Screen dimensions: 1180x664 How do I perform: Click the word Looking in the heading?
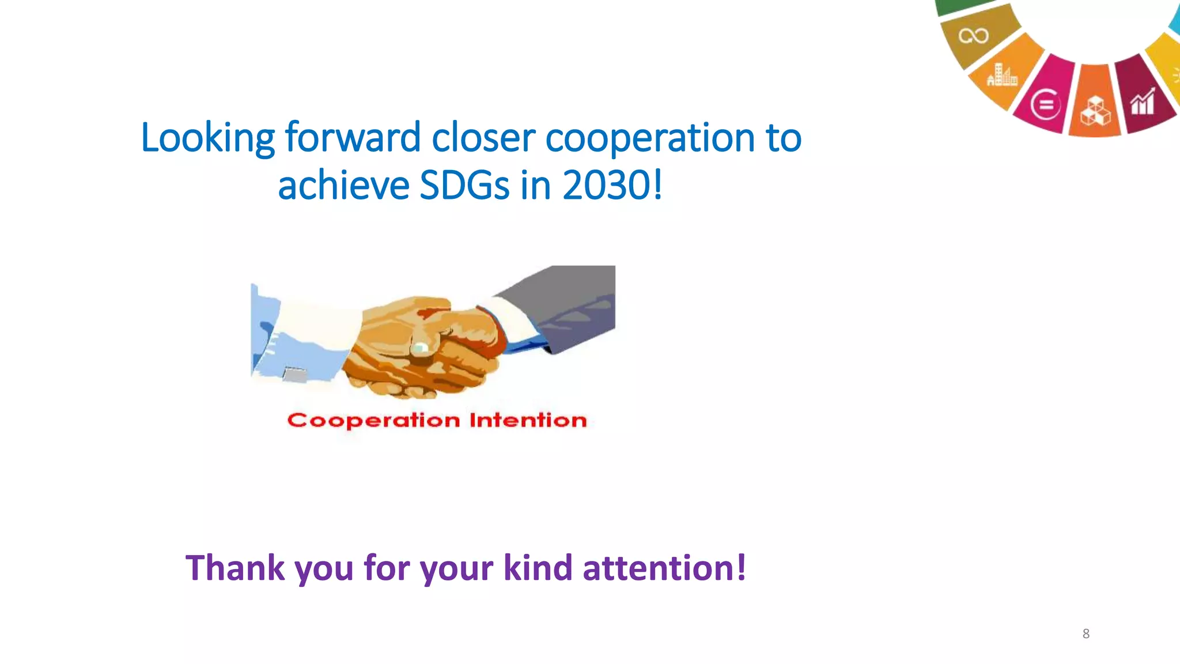[x=208, y=138]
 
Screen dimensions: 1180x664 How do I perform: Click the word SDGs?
[x=465, y=186]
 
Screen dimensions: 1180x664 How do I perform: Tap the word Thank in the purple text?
[x=235, y=568]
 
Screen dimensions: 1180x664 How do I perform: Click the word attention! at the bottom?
[x=664, y=568]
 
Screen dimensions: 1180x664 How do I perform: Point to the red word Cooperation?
[x=373, y=421]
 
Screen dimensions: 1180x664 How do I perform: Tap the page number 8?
[x=1086, y=634]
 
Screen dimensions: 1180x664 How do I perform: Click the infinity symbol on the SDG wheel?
[x=974, y=36]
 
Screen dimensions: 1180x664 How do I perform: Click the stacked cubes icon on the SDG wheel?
[x=1094, y=111]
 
